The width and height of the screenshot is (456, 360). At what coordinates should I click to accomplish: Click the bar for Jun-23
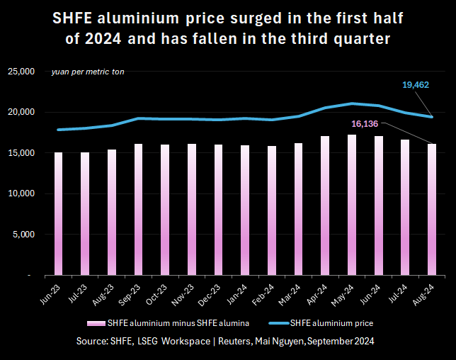point(58,213)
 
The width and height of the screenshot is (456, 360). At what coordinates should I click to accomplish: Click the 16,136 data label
point(365,123)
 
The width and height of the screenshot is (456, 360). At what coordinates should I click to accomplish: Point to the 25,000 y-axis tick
point(21,72)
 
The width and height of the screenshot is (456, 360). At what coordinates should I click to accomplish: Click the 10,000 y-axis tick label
point(21,193)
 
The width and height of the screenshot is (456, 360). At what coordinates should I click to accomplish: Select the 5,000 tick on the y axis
point(23,234)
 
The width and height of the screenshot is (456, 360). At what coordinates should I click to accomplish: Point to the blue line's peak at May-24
point(352,103)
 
